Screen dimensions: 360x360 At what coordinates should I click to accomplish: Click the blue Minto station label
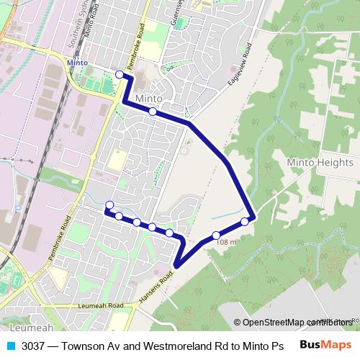point(77,63)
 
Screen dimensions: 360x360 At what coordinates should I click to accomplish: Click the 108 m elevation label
point(226,243)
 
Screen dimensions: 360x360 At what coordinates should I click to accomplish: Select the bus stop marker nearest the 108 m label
point(216,235)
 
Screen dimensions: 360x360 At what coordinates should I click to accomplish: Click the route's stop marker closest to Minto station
point(120,74)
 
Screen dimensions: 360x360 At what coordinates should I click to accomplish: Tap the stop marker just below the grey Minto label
point(153,112)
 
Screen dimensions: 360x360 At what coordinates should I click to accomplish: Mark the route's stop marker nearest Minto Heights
point(245,221)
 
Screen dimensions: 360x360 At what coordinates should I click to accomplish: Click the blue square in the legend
point(11,345)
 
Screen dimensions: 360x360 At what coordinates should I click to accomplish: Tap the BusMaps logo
point(325,344)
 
